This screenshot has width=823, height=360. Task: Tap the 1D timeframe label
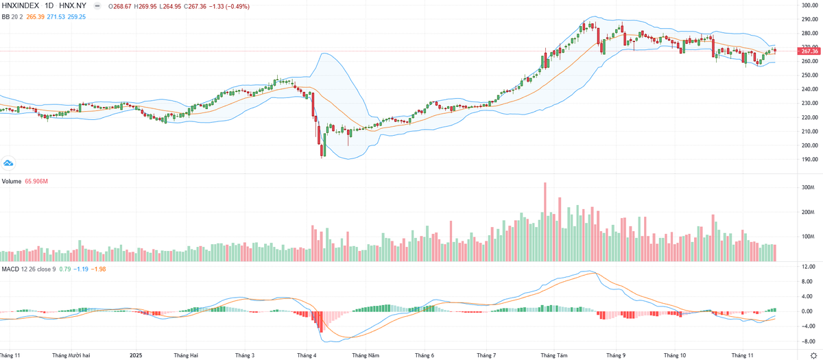[50, 6]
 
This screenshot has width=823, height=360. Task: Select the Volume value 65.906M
[38, 182]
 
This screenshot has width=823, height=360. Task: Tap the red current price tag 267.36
[809, 51]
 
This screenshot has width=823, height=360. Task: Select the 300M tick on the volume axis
[807, 187]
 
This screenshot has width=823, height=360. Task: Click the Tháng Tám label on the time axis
[553, 355]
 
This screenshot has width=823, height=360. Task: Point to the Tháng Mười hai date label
[71, 355]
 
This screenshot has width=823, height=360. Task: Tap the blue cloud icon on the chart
[9, 163]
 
